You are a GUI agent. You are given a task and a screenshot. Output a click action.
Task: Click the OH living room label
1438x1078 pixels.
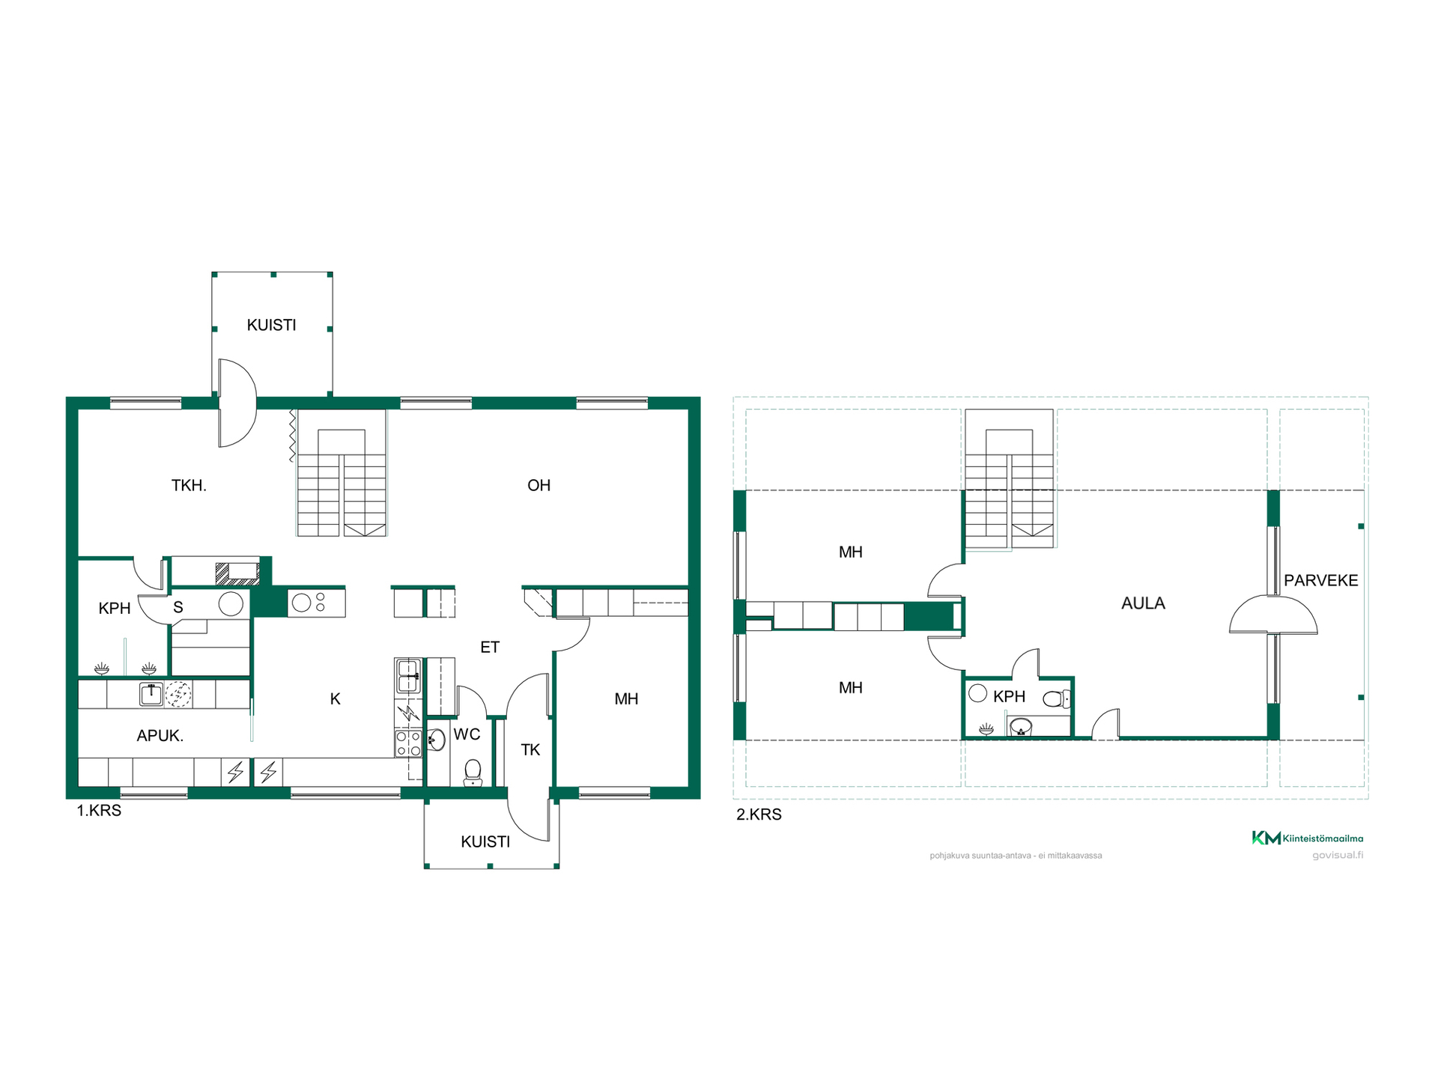[x=539, y=485]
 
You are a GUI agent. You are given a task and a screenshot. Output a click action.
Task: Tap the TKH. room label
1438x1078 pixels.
[x=189, y=485]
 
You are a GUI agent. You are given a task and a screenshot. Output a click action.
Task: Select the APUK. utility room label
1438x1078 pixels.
[x=160, y=736]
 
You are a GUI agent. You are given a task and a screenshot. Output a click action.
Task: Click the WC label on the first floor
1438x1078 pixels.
[x=467, y=734]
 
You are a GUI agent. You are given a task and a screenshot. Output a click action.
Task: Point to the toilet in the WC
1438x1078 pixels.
[x=473, y=773]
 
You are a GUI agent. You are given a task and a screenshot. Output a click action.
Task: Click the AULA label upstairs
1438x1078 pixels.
[x=1143, y=603]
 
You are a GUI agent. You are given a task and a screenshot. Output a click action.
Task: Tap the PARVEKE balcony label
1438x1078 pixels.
[x=1321, y=580]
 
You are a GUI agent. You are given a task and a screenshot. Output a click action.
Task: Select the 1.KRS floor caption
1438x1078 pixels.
[x=99, y=811]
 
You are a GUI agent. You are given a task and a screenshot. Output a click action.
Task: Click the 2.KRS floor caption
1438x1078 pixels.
[x=759, y=814]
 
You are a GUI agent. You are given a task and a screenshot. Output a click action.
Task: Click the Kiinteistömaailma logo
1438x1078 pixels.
[x=1308, y=838]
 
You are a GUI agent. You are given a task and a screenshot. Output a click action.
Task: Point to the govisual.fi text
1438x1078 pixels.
[x=1338, y=855]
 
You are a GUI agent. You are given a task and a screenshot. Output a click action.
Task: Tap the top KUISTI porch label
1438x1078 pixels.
[x=271, y=325]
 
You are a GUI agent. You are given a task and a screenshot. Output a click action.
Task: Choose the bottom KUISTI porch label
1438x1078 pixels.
[x=485, y=841]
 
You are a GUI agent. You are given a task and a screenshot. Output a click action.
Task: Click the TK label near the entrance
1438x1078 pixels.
[x=530, y=750]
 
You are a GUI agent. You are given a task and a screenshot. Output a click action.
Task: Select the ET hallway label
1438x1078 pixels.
[x=490, y=648]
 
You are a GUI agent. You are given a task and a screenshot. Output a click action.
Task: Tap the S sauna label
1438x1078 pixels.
[x=178, y=607]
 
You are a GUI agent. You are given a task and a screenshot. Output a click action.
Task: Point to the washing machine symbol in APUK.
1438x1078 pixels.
[x=178, y=694]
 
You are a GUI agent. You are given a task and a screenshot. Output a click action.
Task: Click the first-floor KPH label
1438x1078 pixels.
[x=115, y=609]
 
